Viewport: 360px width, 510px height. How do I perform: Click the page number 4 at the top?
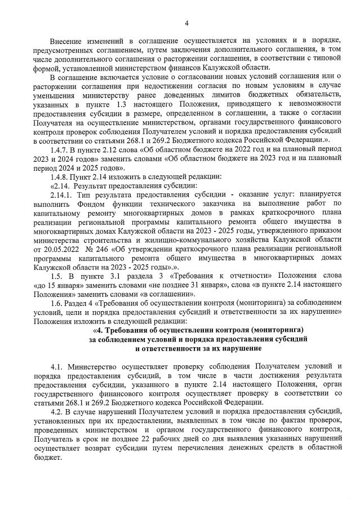[186, 23]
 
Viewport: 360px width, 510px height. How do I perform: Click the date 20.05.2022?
[61, 249]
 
